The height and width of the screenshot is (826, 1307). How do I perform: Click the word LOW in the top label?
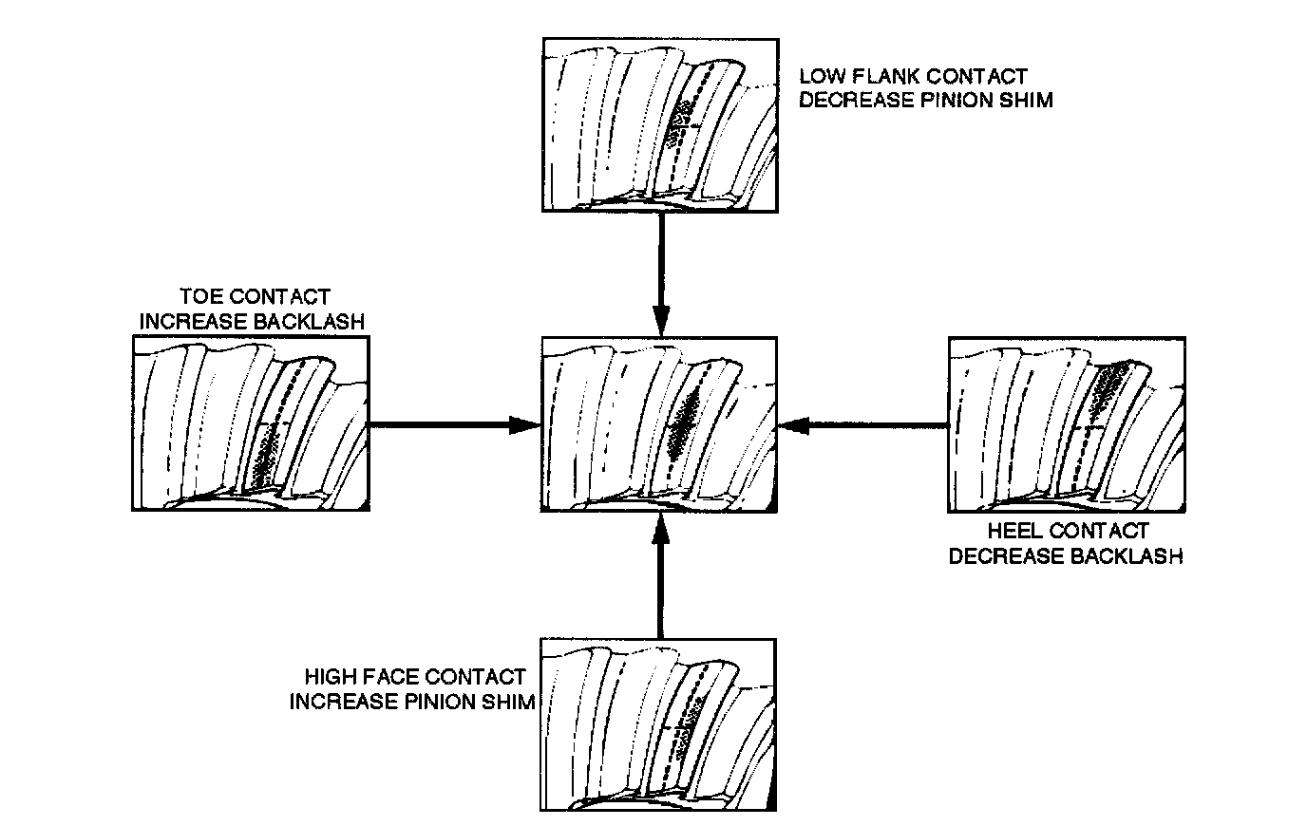pyautogui.click(x=820, y=76)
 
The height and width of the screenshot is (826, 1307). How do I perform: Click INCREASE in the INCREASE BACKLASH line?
pyautogui.click(x=194, y=321)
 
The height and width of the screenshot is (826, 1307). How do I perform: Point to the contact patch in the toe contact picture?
pyautogui.click(x=269, y=454)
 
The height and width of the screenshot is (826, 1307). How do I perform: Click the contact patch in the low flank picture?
pyautogui.click(x=678, y=123)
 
